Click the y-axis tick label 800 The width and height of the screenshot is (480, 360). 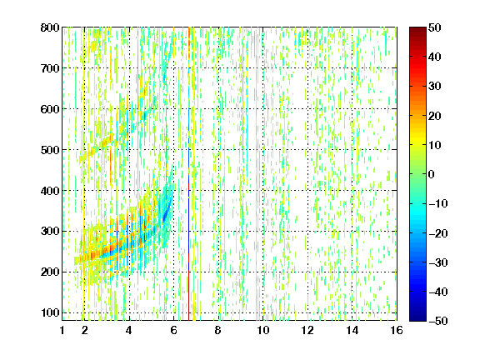click(50, 27)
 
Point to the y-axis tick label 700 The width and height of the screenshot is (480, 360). click(50, 68)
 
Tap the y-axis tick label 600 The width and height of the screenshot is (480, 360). click(50, 109)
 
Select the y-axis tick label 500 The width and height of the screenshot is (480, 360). click(50, 150)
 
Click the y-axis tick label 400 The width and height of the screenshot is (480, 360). click(50, 191)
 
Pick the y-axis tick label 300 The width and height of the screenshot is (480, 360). click(50, 232)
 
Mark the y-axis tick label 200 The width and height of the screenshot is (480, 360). click(50, 272)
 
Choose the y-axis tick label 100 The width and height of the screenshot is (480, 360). click(50, 312)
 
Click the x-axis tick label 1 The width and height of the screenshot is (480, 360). click(62, 330)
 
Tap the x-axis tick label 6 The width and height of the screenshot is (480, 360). click(174, 330)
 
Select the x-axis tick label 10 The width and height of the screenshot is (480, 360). click(263, 330)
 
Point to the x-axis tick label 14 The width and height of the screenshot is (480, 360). click(352, 330)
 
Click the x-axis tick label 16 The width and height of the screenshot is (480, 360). click(397, 330)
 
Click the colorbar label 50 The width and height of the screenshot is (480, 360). click(434, 27)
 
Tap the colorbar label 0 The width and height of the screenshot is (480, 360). click(432, 174)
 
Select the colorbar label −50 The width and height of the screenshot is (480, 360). click(438, 321)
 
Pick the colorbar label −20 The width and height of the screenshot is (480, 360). click(438, 233)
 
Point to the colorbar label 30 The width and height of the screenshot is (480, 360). click(434, 87)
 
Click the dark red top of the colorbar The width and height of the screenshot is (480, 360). click(417, 30)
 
